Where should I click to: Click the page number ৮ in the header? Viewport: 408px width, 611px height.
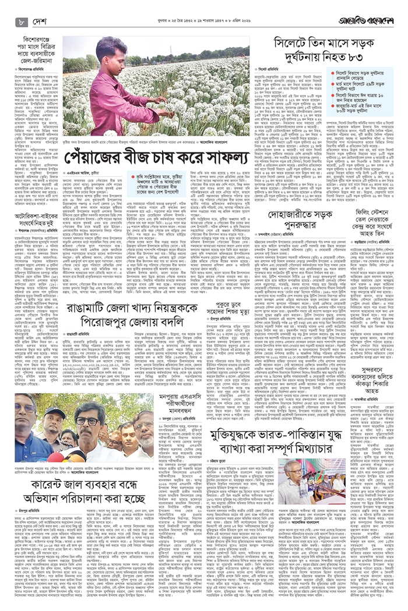[x=22, y=22]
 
